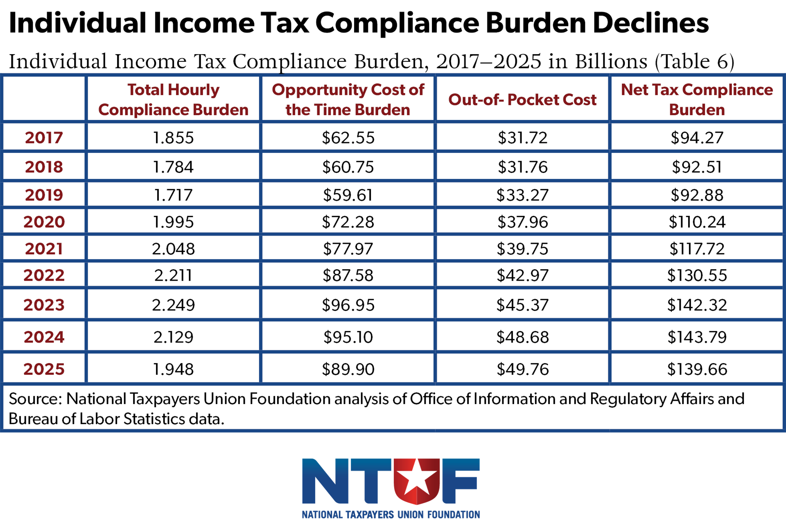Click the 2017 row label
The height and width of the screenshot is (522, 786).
point(44,137)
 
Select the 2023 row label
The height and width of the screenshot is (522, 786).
point(44,305)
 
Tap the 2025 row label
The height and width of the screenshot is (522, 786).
point(44,369)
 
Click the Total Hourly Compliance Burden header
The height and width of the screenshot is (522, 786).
point(173,100)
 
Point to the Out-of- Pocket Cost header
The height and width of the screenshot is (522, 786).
point(522,100)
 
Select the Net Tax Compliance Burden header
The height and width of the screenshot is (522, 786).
point(697,100)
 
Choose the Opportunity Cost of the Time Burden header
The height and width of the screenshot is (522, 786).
point(348,100)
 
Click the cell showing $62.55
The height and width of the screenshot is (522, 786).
point(348,138)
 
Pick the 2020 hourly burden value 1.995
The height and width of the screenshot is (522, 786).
point(173,222)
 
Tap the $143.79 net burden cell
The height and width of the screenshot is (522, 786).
point(697,337)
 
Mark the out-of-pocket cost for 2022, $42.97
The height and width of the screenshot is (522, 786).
point(522,275)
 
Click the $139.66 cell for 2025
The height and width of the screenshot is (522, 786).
point(697,369)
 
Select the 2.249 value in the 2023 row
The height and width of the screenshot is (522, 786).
point(173,305)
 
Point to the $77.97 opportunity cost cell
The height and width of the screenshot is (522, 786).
point(348,249)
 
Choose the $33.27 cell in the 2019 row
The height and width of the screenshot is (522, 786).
point(522,195)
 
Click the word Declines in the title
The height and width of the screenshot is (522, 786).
point(650,23)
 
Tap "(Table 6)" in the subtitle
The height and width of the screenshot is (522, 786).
point(694,62)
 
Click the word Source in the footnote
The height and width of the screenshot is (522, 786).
point(35,399)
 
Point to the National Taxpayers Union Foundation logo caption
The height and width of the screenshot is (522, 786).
point(391,515)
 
